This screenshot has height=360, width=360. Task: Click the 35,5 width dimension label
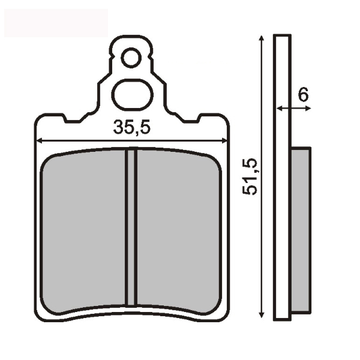[131, 128]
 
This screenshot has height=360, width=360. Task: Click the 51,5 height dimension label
[250, 177]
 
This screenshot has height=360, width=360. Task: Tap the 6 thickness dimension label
[303, 94]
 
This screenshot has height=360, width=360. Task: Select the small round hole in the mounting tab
[131, 58]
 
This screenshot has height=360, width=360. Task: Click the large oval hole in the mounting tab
[132, 94]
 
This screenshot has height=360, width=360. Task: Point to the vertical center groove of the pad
[131, 227]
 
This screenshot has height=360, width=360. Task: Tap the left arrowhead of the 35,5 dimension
[40, 141]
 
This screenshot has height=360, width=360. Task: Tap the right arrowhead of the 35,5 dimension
[224, 141]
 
